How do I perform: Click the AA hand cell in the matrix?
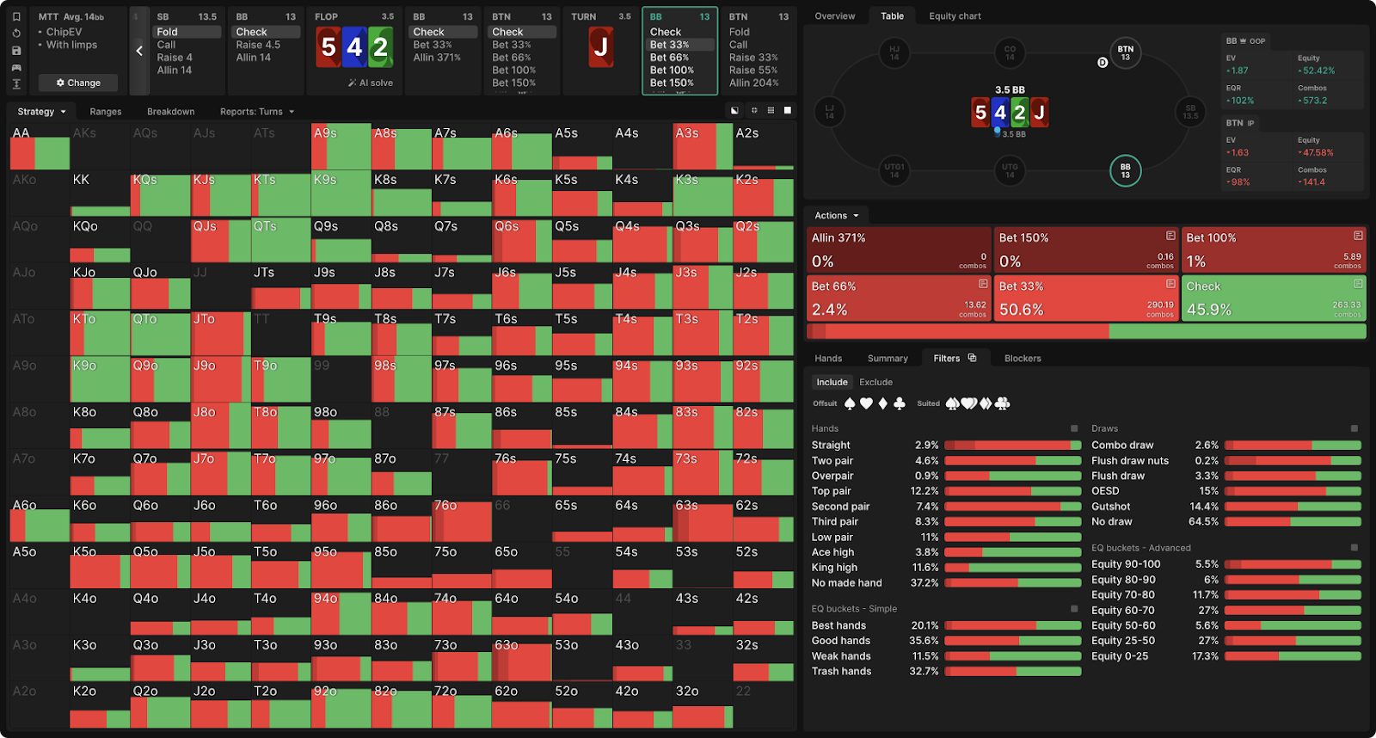pyautogui.click(x=40, y=146)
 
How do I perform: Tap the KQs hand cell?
pyautogui.click(x=160, y=194)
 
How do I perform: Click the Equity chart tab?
pyautogui.click(x=955, y=16)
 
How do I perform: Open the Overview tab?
pyautogui.click(x=834, y=16)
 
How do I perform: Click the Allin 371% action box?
pyautogui.click(x=899, y=249)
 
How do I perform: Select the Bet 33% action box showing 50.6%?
pyautogui.click(x=1086, y=298)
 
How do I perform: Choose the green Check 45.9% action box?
pyautogui.click(x=1274, y=298)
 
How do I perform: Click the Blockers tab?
pyautogui.click(x=1023, y=359)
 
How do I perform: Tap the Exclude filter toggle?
pyautogui.click(x=875, y=383)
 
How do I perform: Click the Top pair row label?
pyautogui.click(x=832, y=491)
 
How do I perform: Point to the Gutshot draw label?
pyautogui.click(x=1111, y=507)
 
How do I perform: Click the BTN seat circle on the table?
pyautogui.click(x=1125, y=52)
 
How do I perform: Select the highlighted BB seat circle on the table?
pyautogui.click(x=1125, y=170)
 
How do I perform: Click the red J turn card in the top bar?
pyautogui.click(x=601, y=47)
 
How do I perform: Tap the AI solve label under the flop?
pyautogui.click(x=371, y=83)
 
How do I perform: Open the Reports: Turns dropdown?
pyautogui.click(x=257, y=112)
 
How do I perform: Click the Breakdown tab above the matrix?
pyautogui.click(x=170, y=112)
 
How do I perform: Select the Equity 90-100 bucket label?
pyautogui.click(x=1126, y=564)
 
